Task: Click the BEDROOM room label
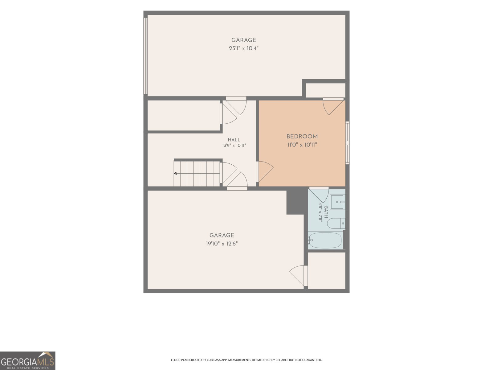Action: point(302,136)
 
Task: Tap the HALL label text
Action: point(234,140)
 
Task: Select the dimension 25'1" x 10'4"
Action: point(244,48)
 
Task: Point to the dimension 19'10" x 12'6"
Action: point(222,244)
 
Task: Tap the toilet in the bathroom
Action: point(336,223)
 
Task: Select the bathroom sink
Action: point(338,202)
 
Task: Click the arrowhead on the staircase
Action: point(175,173)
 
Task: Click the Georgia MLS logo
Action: point(28,360)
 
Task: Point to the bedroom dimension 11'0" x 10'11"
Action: point(302,145)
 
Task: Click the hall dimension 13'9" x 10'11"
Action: point(234,146)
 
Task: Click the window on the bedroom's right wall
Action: point(348,143)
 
